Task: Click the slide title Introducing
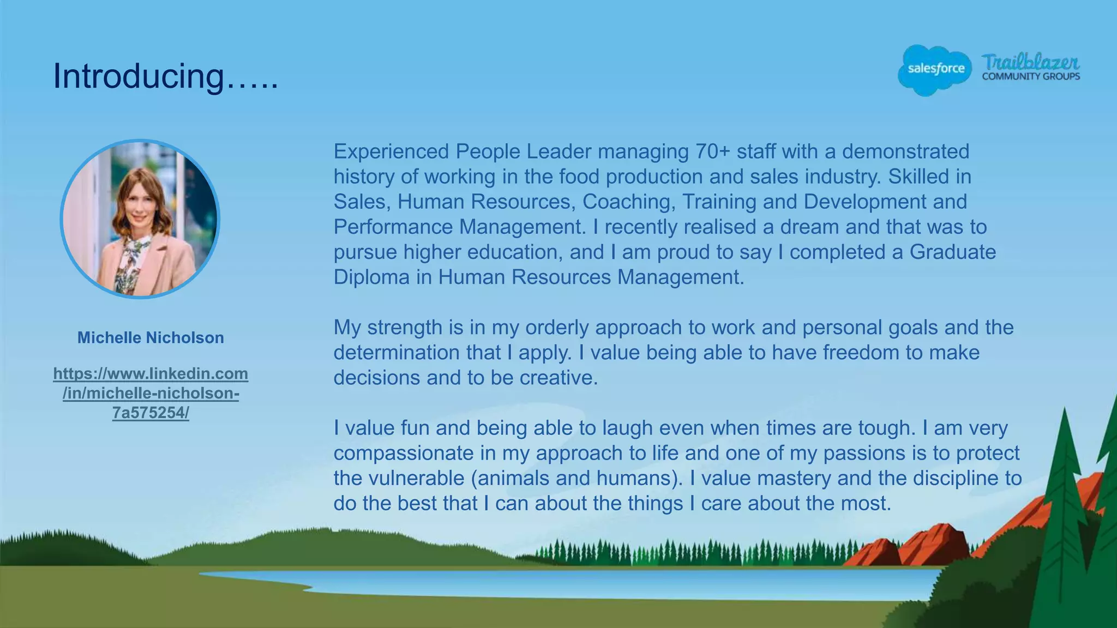pos(165,76)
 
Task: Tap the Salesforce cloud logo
pos(935,70)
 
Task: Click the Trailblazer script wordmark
pos(1030,62)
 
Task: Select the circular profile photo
pos(140,219)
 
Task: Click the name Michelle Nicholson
pos(151,338)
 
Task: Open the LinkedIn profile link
pos(151,393)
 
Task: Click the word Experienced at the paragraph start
pos(391,152)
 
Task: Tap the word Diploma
pos(371,277)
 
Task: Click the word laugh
pos(627,428)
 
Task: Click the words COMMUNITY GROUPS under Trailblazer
pos(1031,77)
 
